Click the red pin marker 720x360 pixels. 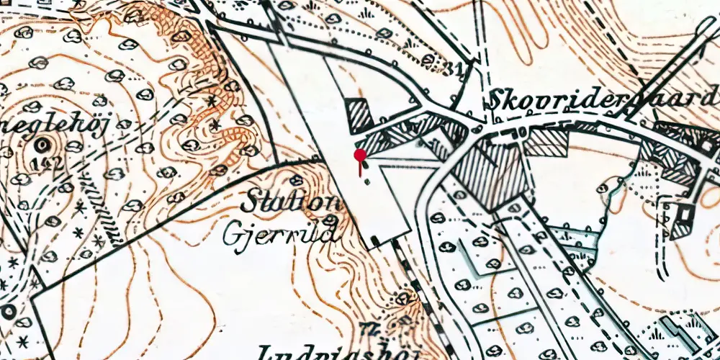tap(359, 155)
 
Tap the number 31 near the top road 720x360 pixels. tap(452, 69)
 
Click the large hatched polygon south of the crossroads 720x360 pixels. tap(490, 173)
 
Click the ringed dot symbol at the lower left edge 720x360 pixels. tap(9, 311)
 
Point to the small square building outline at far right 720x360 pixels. tap(680, 213)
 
